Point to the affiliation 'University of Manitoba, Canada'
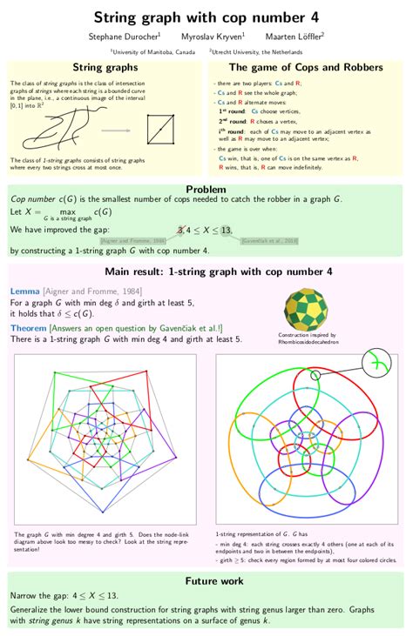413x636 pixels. (153, 51)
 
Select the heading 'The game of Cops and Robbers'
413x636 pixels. (305, 67)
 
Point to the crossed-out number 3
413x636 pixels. (180, 229)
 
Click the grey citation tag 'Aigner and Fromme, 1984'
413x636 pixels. (133, 240)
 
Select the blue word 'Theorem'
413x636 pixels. (34, 327)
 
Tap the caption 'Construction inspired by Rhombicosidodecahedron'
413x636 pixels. (308, 338)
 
